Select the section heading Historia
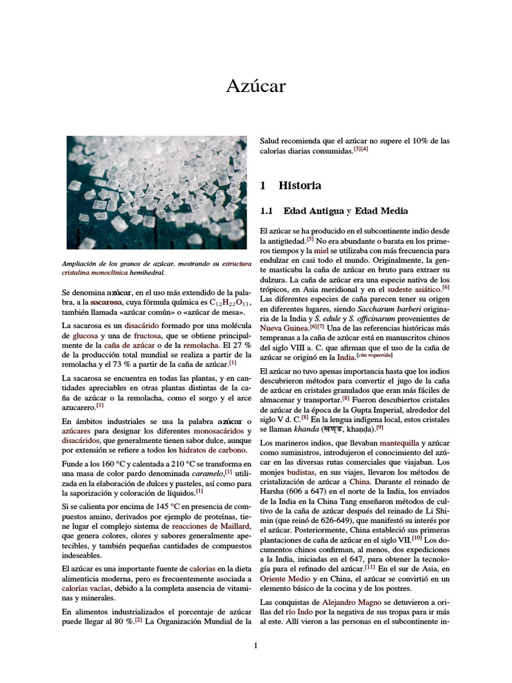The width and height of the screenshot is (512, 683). (x=299, y=185)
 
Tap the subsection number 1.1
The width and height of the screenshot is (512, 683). (x=267, y=211)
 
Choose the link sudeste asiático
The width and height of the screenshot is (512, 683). (x=412, y=289)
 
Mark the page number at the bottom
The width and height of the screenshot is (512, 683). (x=255, y=645)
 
